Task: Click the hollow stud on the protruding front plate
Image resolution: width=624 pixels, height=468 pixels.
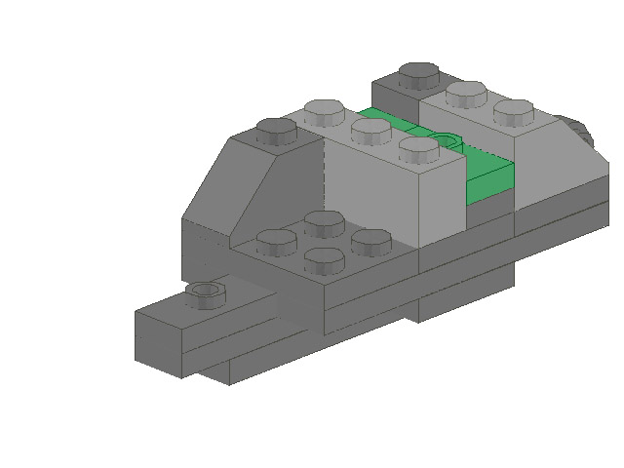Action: (x=205, y=291)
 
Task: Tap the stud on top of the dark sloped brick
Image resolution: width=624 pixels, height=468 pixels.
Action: (x=277, y=129)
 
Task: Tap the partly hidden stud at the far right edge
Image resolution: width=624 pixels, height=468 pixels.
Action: (x=575, y=132)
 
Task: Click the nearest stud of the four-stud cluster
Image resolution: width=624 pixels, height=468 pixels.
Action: (x=325, y=260)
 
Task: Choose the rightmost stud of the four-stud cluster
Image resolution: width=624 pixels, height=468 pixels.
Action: (x=370, y=240)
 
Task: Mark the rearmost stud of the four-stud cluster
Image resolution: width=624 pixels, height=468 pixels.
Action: (x=323, y=221)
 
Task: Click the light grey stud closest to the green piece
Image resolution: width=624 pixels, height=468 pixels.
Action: (x=419, y=149)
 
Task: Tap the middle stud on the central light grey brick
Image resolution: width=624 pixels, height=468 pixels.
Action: (x=371, y=130)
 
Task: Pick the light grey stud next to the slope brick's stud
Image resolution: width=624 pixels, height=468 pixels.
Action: (x=323, y=109)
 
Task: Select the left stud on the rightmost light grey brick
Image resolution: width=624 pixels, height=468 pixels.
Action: (x=466, y=94)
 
